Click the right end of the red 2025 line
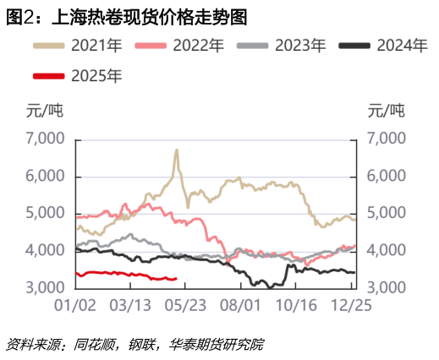[x=176, y=278]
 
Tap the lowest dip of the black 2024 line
[x=270, y=287]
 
